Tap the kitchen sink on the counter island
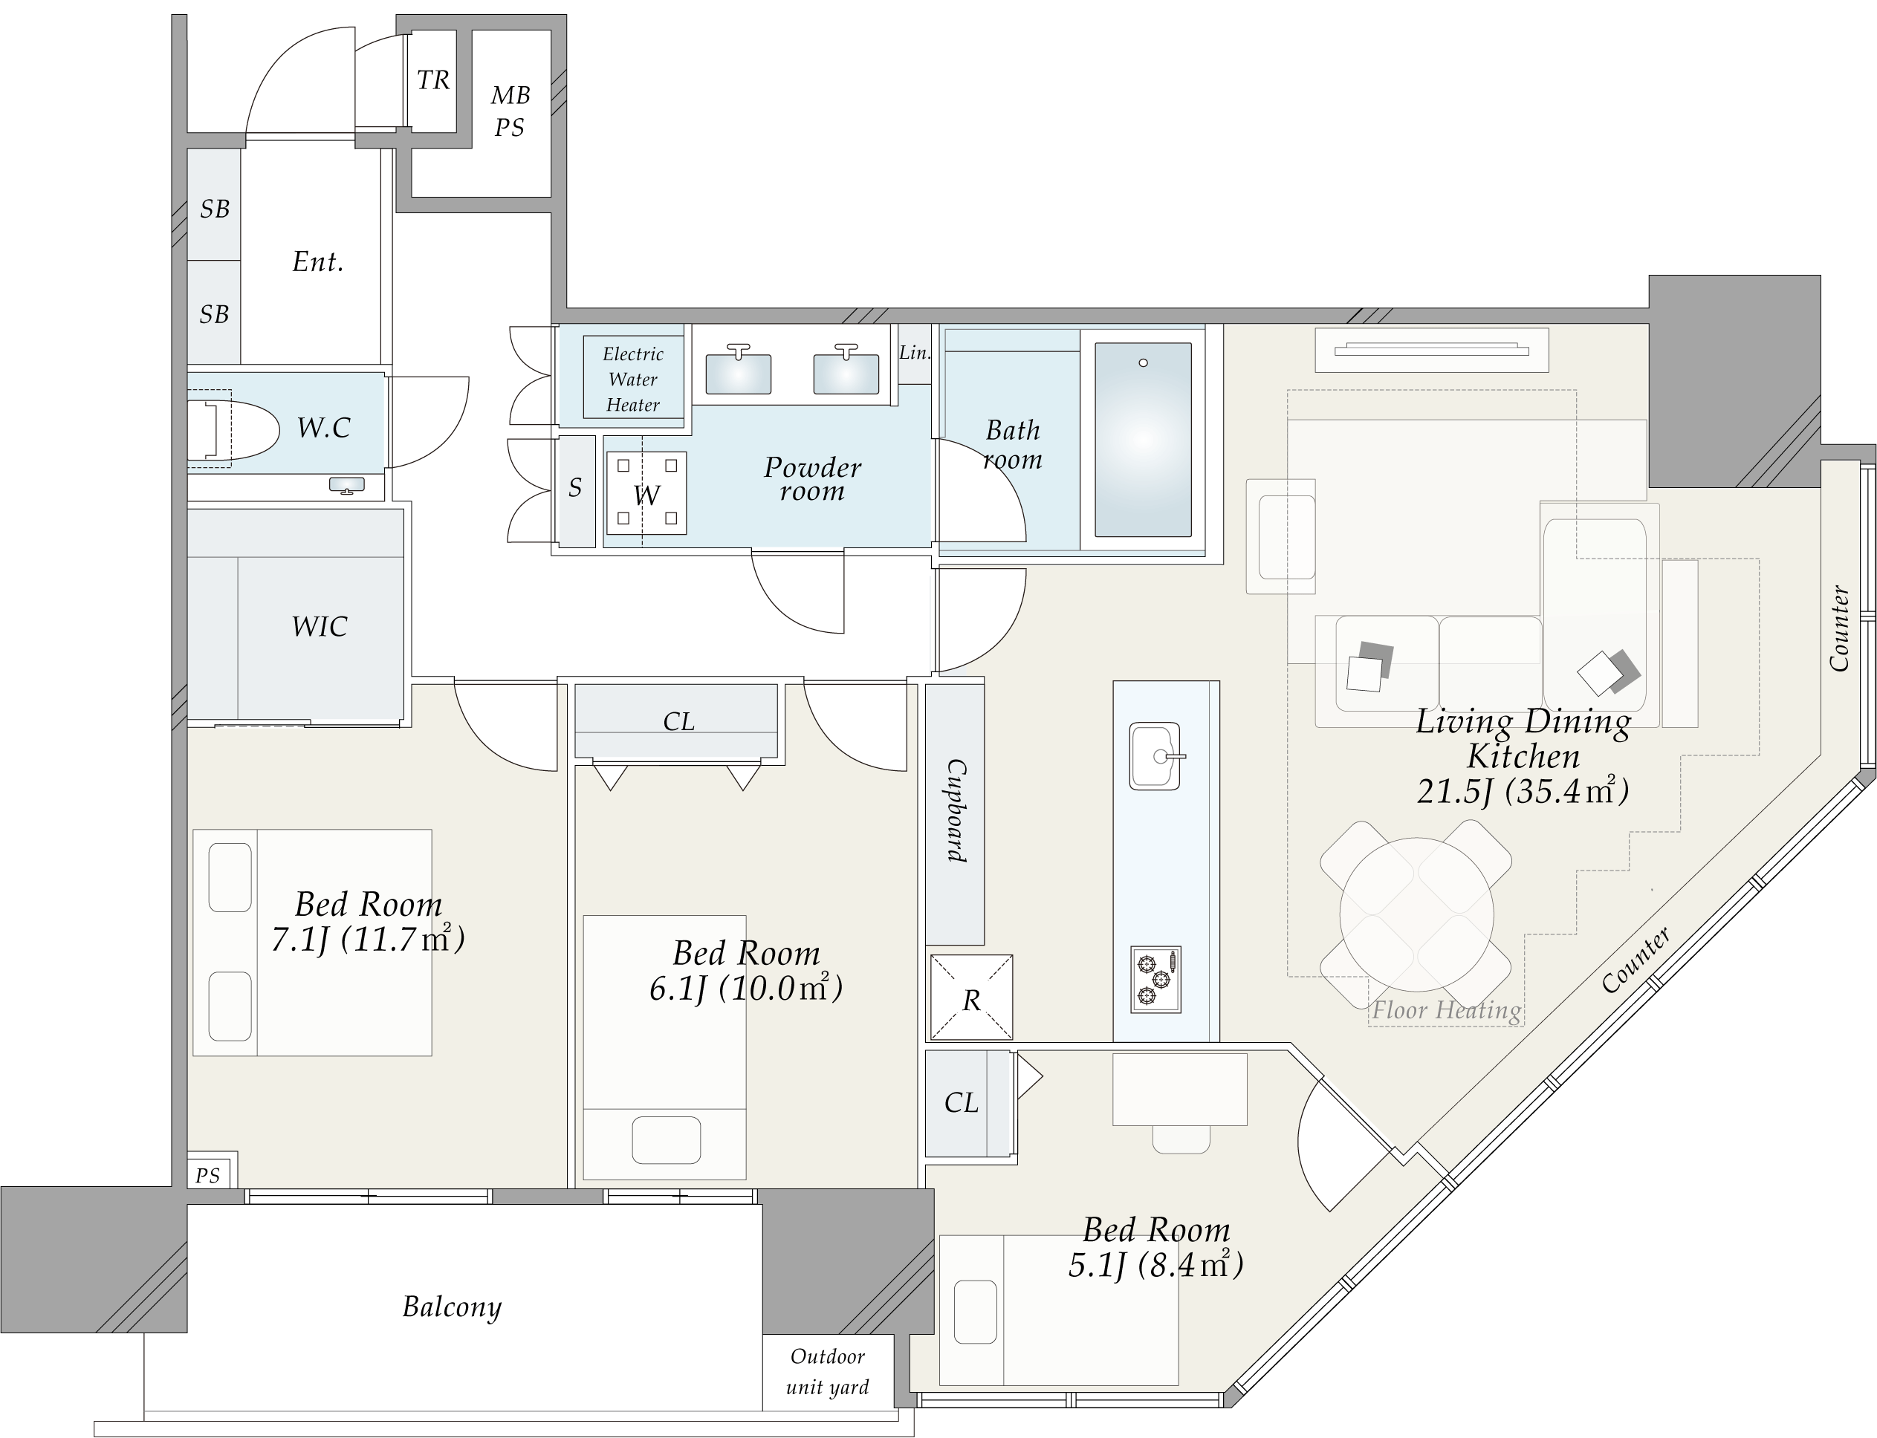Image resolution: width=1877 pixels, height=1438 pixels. [x=1155, y=756]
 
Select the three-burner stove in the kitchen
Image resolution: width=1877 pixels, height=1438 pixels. [x=1155, y=979]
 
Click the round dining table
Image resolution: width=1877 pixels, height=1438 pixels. [x=1416, y=914]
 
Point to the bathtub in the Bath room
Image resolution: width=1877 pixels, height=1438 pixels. [x=1142, y=439]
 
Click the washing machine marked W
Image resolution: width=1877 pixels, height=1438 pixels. [x=646, y=493]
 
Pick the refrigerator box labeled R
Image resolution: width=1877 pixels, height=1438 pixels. [x=971, y=998]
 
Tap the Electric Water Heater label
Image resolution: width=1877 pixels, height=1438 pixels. [x=633, y=380]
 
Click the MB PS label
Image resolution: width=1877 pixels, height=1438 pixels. [x=510, y=111]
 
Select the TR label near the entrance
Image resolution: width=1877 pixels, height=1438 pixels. [x=433, y=80]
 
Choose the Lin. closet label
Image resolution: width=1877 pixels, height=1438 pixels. [x=915, y=353]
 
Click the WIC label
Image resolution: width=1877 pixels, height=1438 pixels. [x=320, y=627]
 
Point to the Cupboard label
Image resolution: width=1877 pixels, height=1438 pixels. [x=956, y=810]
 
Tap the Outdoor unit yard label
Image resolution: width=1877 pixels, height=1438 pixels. [x=827, y=1371]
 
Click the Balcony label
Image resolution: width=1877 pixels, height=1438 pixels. [x=452, y=1307]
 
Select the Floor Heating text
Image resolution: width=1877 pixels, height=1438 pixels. [x=1446, y=1011]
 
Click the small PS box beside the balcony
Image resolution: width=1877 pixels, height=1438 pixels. [x=208, y=1175]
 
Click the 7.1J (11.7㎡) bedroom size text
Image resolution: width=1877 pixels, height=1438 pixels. [x=369, y=940]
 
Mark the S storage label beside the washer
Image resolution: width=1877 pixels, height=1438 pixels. [x=575, y=488]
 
